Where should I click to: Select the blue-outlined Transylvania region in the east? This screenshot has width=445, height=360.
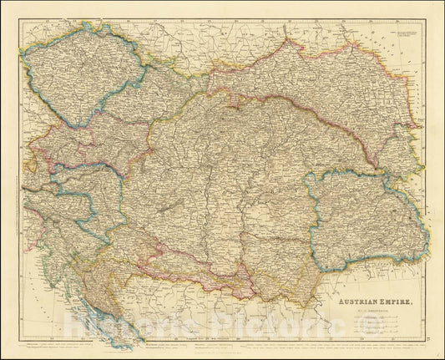(367, 217)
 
